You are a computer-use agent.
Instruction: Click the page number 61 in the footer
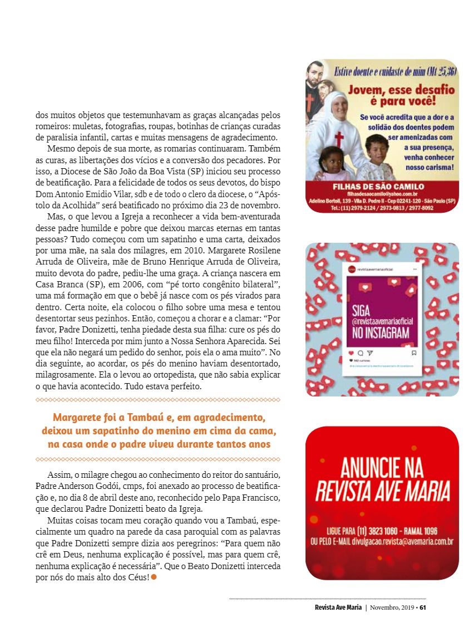[423, 607]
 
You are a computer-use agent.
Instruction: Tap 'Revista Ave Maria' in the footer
[338, 607]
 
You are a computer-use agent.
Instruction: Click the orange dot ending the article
[154, 577]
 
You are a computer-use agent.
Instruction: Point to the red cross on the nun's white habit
[339, 139]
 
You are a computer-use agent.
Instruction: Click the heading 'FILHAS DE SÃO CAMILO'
[378, 187]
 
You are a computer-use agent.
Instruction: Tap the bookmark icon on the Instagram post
[413, 352]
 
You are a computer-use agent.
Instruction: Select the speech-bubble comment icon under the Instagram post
[360, 352]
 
